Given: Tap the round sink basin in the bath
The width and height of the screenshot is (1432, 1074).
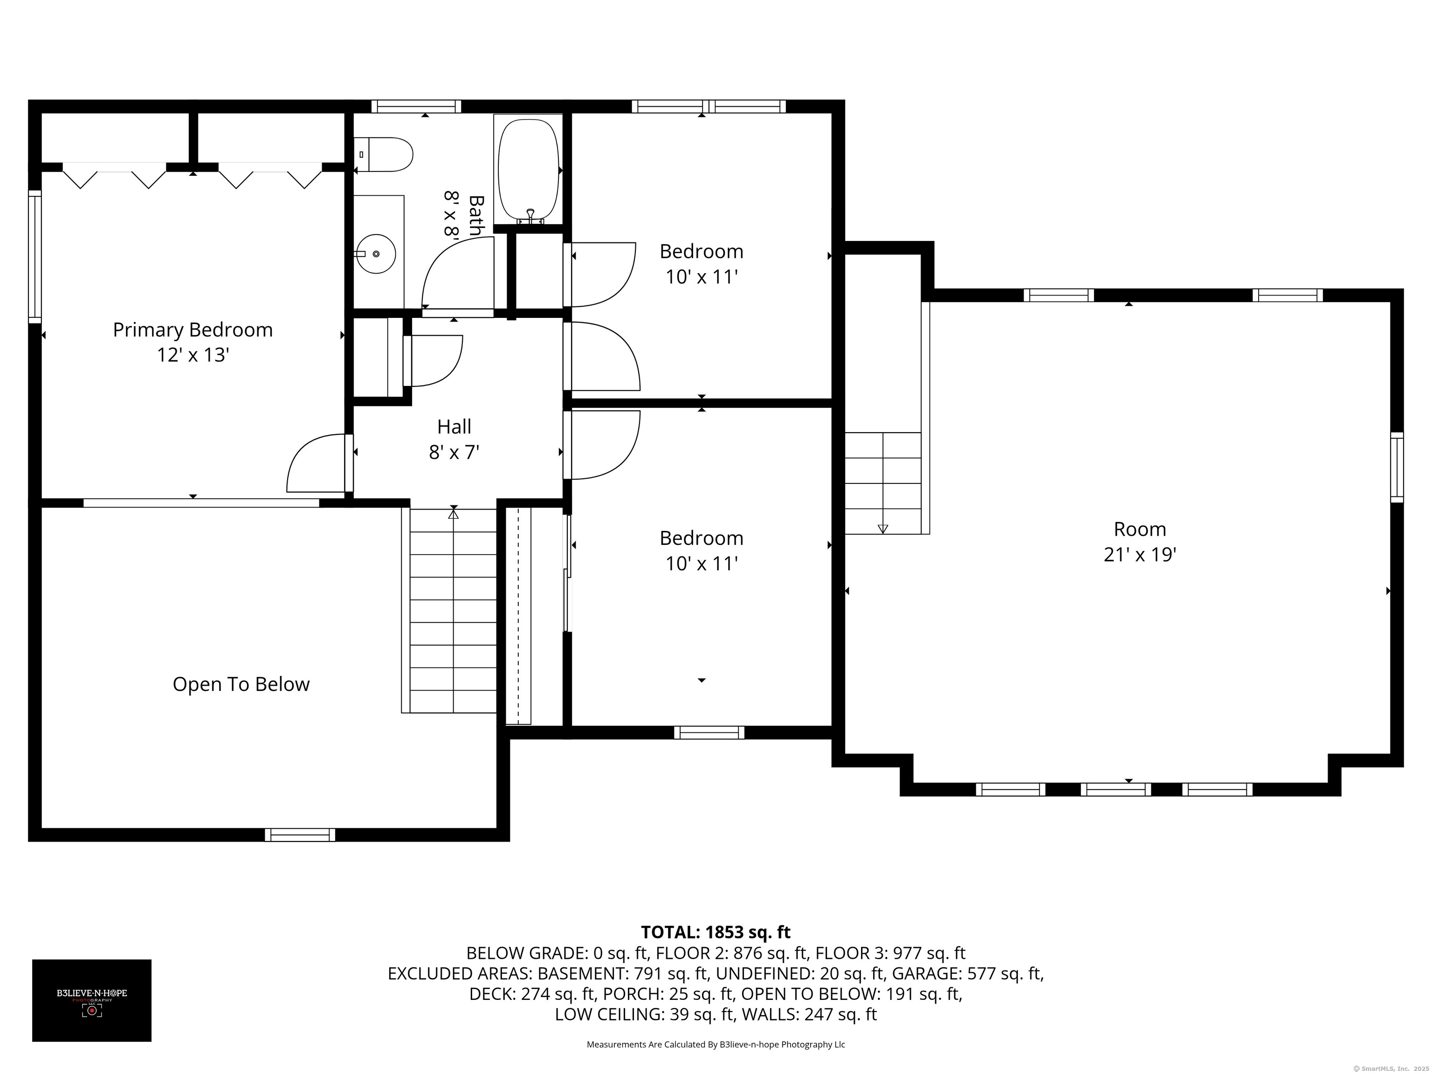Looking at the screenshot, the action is point(376,254).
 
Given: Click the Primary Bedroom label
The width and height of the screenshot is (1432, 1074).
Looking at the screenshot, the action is point(193,330).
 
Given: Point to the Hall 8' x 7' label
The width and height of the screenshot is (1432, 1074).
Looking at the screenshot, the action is point(454,439).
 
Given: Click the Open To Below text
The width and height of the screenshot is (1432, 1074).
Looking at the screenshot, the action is point(241,684).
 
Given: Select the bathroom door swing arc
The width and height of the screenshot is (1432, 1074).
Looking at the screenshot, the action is point(457,273).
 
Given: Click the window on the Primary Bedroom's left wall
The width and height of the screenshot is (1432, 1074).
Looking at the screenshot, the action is point(35,256).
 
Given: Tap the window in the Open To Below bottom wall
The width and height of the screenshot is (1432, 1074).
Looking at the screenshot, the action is point(300,835).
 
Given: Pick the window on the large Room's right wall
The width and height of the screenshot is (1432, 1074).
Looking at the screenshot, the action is point(1397,468).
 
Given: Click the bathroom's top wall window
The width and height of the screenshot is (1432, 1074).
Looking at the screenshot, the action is point(416,106).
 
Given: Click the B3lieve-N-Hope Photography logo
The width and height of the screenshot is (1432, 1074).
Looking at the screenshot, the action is point(92,1001).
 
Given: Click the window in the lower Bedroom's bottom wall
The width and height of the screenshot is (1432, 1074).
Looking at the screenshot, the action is point(709,733).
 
